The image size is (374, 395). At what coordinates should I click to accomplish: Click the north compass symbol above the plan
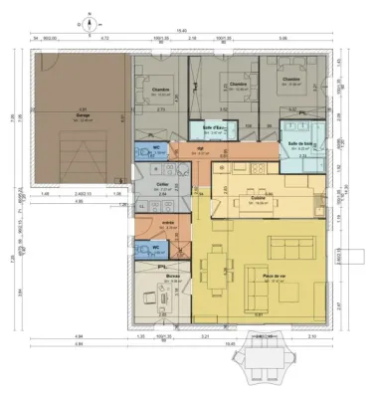[x=89, y=20]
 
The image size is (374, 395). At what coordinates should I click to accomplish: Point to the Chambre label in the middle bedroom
[x=238, y=85]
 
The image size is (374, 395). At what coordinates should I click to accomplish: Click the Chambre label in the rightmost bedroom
[x=291, y=80]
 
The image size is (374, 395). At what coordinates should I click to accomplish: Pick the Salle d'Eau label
[x=210, y=127]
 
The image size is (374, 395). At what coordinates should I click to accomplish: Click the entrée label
[x=169, y=223]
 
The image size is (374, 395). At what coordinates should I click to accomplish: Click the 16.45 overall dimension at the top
[x=181, y=30]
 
